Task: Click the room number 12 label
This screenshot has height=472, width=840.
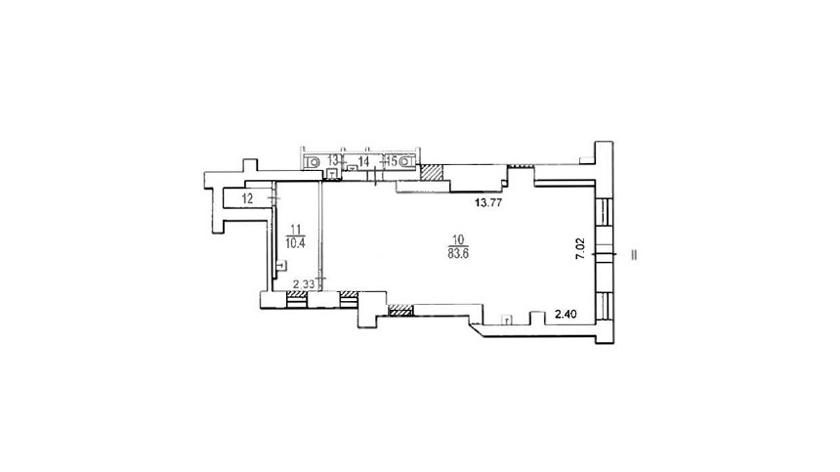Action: pyautogui.click(x=247, y=198)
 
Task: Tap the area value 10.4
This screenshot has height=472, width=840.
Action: pyautogui.click(x=295, y=243)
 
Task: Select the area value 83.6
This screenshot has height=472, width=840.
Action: pyautogui.click(x=458, y=254)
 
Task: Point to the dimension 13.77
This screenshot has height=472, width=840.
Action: pyautogui.click(x=488, y=202)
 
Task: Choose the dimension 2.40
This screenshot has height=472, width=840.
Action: pyautogui.click(x=566, y=315)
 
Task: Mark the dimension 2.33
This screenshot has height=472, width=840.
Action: pyautogui.click(x=304, y=284)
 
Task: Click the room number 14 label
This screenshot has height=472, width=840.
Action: pyautogui.click(x=363, y=161)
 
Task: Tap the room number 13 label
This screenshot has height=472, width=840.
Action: pyautogui.click(x=333, y=159)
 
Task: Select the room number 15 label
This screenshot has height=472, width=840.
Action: pyautogui.click(x=392, y=160)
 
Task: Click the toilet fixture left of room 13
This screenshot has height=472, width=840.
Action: pyautogui.click(x=313, y=160)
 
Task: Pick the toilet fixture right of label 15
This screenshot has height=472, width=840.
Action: pyautogui.click(x=407, y=160)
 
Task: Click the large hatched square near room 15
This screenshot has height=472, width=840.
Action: pyautogui.click(x=432, y=173)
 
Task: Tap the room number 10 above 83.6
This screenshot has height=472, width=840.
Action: pyautogui.click(x=458, y=240)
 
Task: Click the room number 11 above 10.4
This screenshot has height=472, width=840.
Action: pyautogui.click(x=295, y=230)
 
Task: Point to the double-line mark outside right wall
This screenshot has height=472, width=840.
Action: pyautogui.click(x=634, y=255)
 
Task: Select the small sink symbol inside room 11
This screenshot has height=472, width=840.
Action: pyautogui.click(x=280, y=265)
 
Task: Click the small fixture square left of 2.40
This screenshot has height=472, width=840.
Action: pyautogui.click(x=506, y=320)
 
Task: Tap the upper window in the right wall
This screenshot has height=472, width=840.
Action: pyautogui.click(x=604, y=212)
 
